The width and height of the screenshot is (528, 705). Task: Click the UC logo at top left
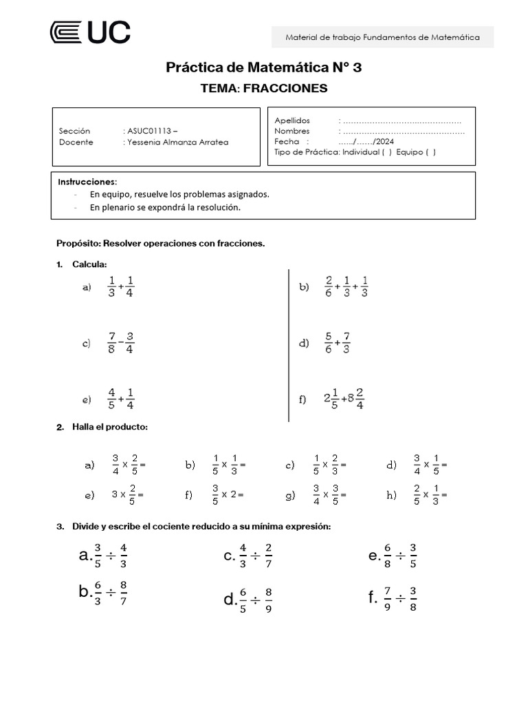(90, 32)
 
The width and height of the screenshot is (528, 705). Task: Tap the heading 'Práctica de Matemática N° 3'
(263, 67)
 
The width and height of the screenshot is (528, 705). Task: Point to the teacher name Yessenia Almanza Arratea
(177, 143)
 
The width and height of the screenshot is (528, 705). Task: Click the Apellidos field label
(292, 120)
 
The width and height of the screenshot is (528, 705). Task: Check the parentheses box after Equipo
(430, 153)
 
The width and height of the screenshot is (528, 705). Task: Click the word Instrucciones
(87, 182)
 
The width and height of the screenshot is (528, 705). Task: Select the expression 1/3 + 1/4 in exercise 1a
(121, 288)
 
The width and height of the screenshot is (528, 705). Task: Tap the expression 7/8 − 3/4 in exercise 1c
(121, 343)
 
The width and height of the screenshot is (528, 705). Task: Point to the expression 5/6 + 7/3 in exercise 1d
(338, 343)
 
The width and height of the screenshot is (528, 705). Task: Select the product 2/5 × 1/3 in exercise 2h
(430, 494)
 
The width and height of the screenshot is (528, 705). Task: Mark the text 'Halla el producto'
(109, 428)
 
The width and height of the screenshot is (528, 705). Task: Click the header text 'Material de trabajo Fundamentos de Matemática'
(382, 38)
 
